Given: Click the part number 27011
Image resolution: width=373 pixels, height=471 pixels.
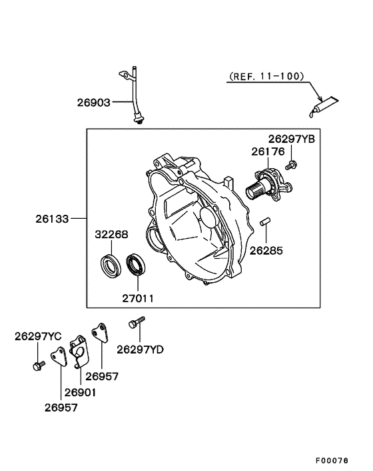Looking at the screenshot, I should (137, 298).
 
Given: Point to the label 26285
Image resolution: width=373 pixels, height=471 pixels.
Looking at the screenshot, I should (266, 252).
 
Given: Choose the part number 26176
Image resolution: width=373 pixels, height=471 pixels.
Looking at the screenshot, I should (268, 152).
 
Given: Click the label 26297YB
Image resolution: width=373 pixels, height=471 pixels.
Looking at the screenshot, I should (291, 139).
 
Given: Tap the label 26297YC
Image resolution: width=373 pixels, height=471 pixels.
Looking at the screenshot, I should (38, 337).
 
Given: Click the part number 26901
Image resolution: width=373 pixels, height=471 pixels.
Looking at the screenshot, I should (81, 392).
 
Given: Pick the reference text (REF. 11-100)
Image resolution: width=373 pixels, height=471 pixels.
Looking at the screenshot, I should (266, 77).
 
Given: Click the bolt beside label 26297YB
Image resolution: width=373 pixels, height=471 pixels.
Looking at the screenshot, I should (291, 164).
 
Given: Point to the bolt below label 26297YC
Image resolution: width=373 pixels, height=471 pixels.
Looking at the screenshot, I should (37, 364).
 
